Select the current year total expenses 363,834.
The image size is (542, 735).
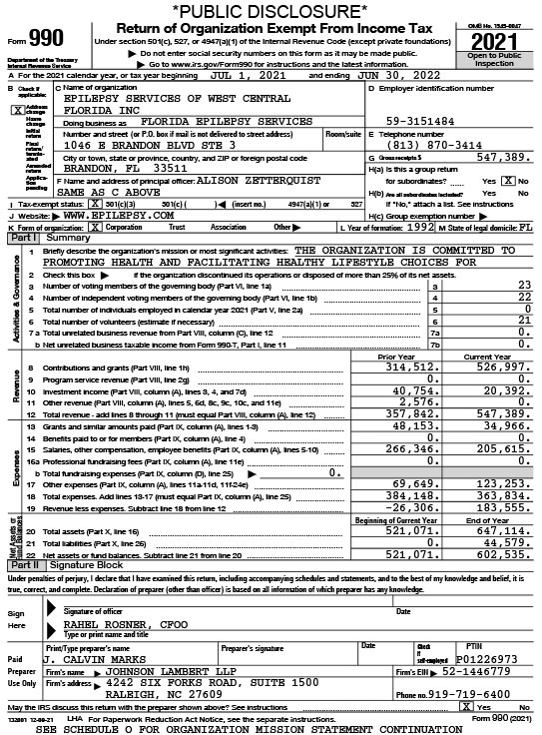pos(497,496)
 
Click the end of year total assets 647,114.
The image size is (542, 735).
pos(497,529)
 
